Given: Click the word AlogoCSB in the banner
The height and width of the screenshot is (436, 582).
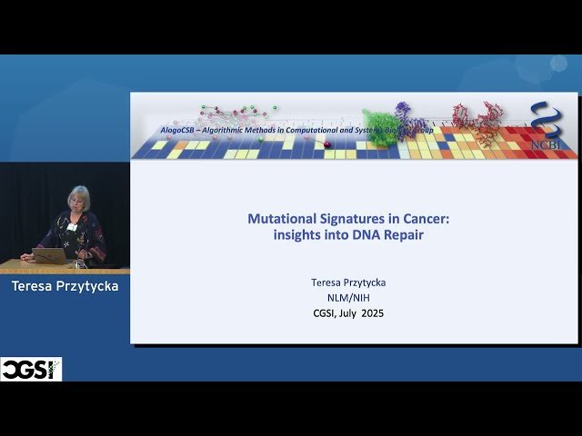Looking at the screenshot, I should [181, 130].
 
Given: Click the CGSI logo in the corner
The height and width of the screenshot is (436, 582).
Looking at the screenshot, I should [31, 369].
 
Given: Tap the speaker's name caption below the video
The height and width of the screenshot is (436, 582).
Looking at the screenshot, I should [65, 286].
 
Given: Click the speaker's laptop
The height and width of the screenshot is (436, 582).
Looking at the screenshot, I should [49, 256].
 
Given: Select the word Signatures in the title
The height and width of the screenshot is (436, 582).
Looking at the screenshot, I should [353, 219].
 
